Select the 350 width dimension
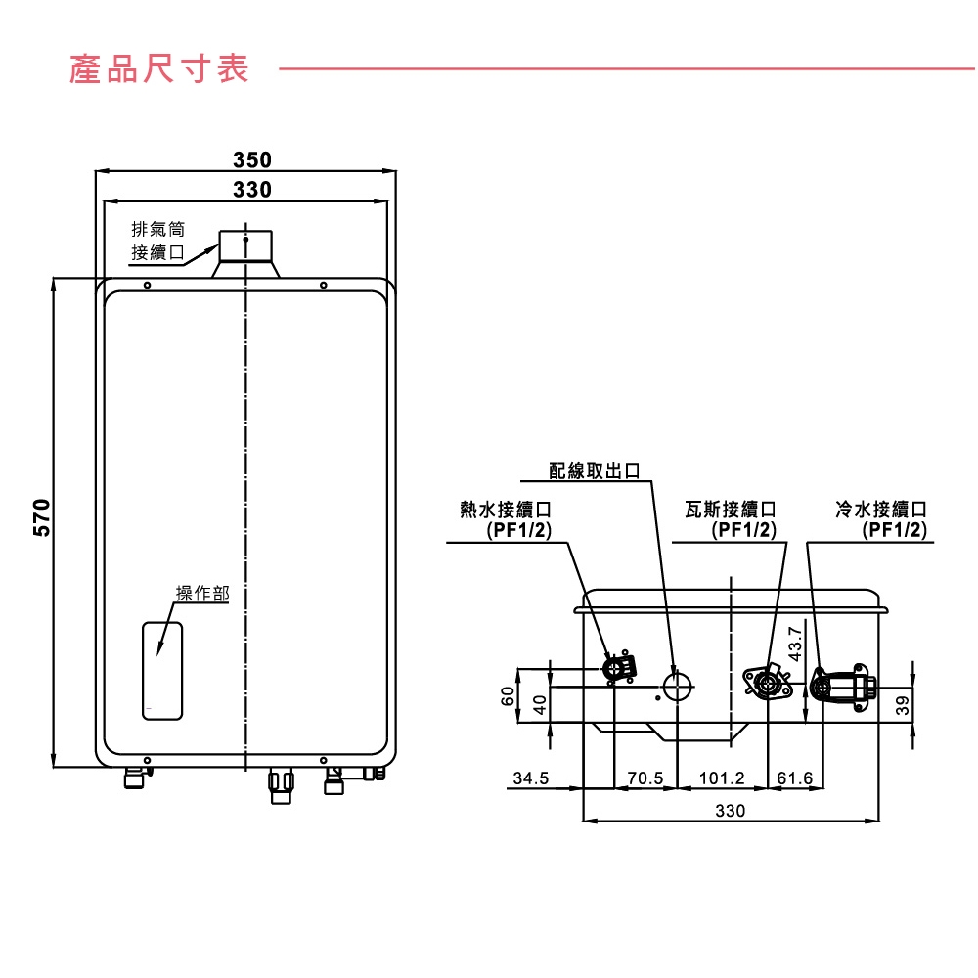[252, 159]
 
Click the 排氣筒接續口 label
[158, 242]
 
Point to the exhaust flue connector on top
[246, 251]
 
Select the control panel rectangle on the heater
[163, 671]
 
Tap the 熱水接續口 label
[506, 519]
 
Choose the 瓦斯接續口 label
[731, 519]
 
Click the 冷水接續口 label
[880, 519]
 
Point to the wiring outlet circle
[676, 686]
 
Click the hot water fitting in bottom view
[617, 669]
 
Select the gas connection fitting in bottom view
[768, 681]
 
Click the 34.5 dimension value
[531, 778]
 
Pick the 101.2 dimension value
[723, 778]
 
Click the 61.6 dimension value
[794, 778]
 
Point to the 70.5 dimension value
[645, 778]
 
